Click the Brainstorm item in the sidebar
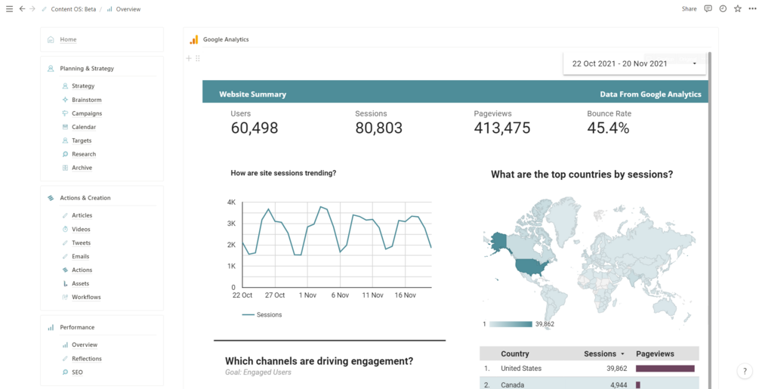[x=86, y=100]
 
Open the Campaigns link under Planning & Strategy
[x=86, y=113]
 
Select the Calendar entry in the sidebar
[x=84, y=127]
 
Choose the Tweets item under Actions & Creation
[x=81, y=243]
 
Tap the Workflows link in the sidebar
[x=86, y=298]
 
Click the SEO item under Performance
[x=77, y=372]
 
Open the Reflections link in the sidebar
[x=86, y=359]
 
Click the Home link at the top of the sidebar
[x=68, y=39]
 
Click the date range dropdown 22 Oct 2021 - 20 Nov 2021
[x=634, y=63]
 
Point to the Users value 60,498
[x=255, y=128]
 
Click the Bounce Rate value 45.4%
[x=608, y=128]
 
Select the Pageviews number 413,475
[x=501, y=128]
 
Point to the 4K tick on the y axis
[x=231, y=202]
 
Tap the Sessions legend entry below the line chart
[x=268, y=314]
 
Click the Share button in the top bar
[x=689, y=9]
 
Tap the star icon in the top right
[x=738, y=9]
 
